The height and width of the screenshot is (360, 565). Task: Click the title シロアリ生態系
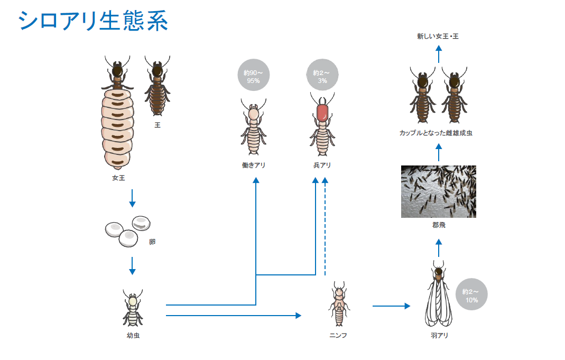click(x=93, y=21)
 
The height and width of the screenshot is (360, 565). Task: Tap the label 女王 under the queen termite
click(x=118, y=178)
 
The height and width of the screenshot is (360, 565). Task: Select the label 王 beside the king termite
click(x=158, y=125)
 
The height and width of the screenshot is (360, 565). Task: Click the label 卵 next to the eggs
click(x=152, y=242)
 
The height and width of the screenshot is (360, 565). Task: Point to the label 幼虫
click(x=133, y=336)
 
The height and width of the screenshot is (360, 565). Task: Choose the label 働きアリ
click(x=254, y=165)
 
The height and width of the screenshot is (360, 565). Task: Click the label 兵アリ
click(x=322, y=165)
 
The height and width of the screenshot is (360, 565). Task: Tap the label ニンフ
click(x=338, y=336)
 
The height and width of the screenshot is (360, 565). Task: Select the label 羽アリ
click(x=440, y=336)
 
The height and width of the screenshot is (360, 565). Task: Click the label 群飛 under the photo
click(x=439, y=225)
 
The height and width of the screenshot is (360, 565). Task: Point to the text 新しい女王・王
click(x=438, y=36)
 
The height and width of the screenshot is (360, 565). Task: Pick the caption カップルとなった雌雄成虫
click(x=436, y=133)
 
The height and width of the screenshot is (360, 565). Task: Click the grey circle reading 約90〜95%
click(x=254, y=75)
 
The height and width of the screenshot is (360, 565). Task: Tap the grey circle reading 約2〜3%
click(x=322, y=75)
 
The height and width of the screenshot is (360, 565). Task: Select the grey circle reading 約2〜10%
click(x=471, y=294)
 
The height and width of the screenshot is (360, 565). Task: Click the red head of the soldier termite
click(x=322, y=113)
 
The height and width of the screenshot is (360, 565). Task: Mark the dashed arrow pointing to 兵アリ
click(x=325, y=226)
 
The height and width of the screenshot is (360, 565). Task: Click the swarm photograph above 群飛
click(x=439, y=192)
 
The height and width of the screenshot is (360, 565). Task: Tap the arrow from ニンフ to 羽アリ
click(x=391, y=306)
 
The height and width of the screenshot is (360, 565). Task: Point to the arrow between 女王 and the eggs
click(x=132, y=198)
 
